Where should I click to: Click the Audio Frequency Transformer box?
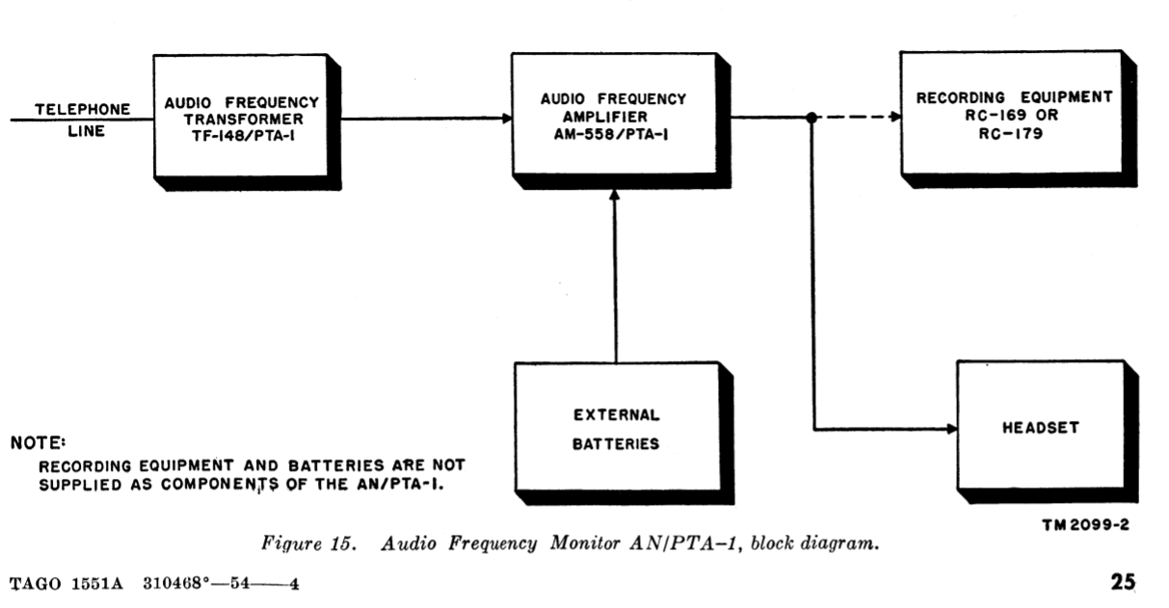(x=240, y=116)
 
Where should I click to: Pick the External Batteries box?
(x=616, y=430)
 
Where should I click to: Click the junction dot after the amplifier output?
(x=812, y=118)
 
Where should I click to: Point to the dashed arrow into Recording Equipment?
(x=858, y=118)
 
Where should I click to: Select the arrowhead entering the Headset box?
(x=951, y=428)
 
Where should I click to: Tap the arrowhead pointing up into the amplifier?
(x=615, y=196)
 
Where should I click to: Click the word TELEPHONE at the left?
(x=83, y=108)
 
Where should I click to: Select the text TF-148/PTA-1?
(x=241, y=134)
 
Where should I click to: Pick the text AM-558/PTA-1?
(x=614, y=134)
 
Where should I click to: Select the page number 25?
(x=1123, y=582)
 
